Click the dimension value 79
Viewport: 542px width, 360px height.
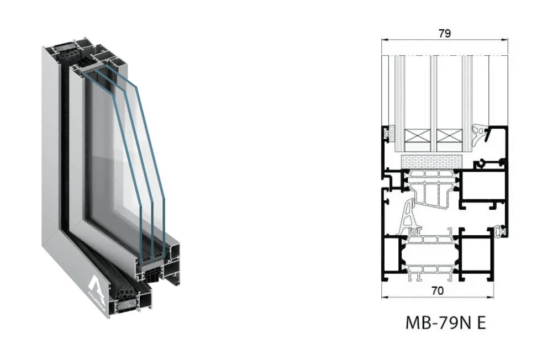445,33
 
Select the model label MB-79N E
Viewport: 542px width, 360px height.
445,322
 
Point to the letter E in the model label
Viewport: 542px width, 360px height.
480,322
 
